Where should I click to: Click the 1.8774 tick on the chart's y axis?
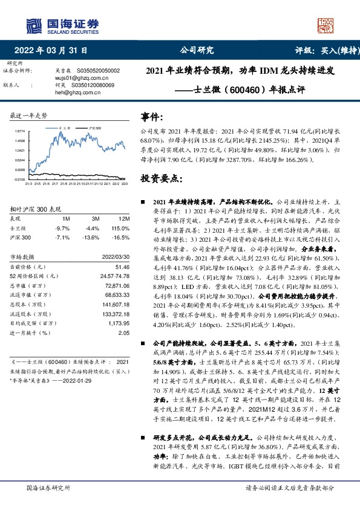coord(19,131)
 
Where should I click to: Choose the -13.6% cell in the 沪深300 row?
coord(91,238)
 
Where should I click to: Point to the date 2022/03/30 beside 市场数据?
coord(116,256)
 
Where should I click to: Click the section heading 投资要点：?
coord(162,179)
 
